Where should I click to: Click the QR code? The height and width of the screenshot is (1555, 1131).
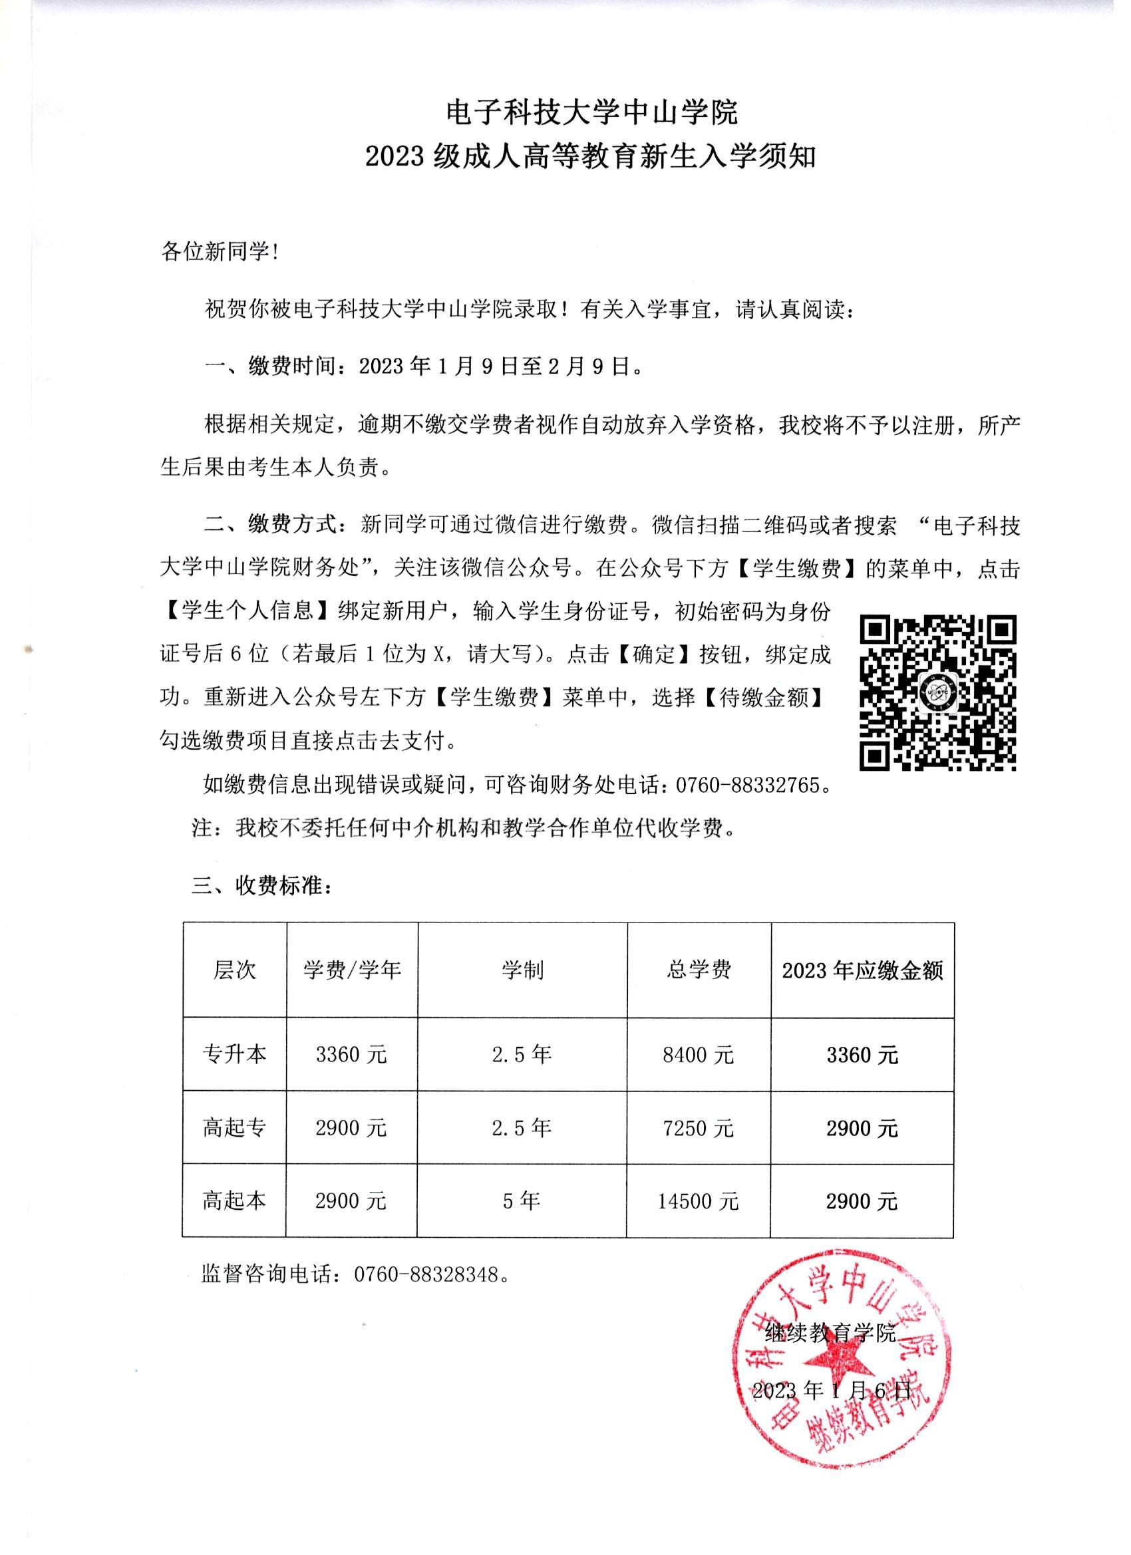[937, 692]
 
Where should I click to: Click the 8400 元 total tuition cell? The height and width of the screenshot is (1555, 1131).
[698, 1054]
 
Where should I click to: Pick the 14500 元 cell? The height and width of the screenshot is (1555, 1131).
[698, 1201]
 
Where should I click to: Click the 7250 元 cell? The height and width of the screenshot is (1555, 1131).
[698, 1129]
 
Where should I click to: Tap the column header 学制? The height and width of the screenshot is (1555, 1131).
[522, 970]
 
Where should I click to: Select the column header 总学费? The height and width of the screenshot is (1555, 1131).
[698, 970]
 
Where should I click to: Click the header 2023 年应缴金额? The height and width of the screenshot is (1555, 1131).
[862, 971]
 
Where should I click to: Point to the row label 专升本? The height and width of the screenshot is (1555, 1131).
[234, 1054]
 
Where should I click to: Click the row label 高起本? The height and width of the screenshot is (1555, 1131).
[234, 1201]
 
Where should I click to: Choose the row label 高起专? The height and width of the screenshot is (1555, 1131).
[234, 1129]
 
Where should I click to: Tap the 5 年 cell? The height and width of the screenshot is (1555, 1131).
[522, 1201]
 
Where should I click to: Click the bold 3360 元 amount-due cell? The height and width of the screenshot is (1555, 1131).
[862, 1055]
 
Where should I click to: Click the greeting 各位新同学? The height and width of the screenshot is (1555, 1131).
[220, 252]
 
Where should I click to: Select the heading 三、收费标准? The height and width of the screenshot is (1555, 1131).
[262, 887]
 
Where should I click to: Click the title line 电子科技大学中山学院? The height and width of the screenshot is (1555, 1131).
[591, 113]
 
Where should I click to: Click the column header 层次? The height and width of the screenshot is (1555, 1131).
[234, 970]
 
